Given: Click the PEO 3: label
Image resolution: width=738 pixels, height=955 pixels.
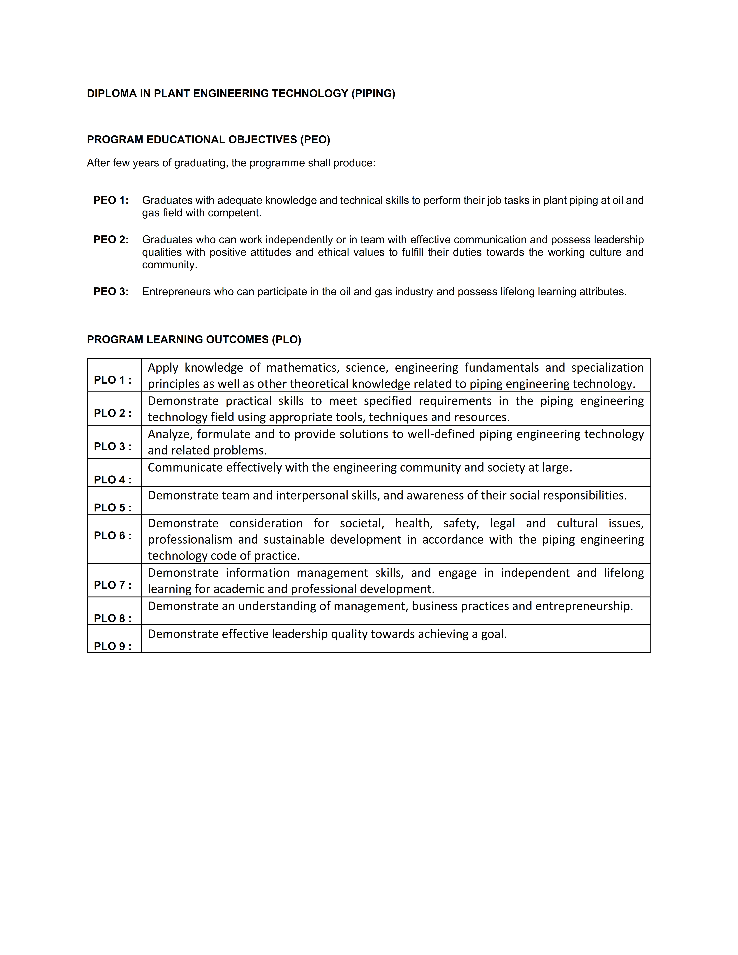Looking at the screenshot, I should [111, 292].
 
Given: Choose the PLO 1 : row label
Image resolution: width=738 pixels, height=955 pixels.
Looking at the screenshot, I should [112, 380].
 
